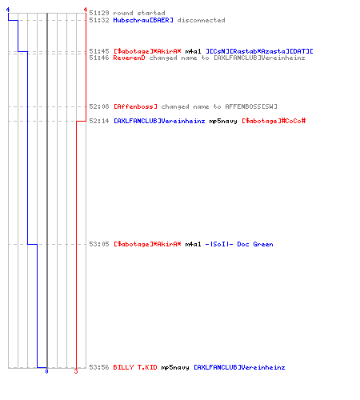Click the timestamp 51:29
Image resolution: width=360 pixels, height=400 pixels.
click(x=99, y=13)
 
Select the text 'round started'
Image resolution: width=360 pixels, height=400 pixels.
click(x=139, y=13)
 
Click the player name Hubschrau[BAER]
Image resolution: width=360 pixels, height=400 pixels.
click(x=143, y=20)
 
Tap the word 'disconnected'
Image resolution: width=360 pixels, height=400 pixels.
click(x=202, y=20)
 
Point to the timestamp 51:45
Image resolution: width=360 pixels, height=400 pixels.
click(x=99, y=51)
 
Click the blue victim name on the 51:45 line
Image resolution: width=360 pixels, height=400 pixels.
click(x=259, y=51)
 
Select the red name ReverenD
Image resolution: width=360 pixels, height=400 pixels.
click(x=129, y=58)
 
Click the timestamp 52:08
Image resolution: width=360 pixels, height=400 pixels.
click(x=99, y=106)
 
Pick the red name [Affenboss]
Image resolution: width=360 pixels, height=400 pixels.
click(x=135, y=106)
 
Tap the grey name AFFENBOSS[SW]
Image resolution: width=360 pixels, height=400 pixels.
click(x=251, y=106)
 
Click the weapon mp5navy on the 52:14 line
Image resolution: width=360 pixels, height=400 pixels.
click(x=223, y=121)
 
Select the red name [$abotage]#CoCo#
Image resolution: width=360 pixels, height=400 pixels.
click(x=274, y=121)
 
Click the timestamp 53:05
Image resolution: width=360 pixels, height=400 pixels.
click(x=99, y=244)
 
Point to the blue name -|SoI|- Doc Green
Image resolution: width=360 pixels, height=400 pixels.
click(x=239, y=244)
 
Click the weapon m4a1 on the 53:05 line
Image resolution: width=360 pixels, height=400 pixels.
click(x=193, y=244)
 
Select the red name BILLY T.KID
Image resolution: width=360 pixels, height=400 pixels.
click(x=135, y=367)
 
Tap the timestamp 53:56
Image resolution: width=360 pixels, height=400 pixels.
click(x=99, y=367)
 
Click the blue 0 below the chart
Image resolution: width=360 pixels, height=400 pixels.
click(x=47, y=371)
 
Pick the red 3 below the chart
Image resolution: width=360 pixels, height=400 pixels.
click(x=76, y=371)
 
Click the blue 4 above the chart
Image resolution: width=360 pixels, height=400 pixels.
click(x=8, y=10)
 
